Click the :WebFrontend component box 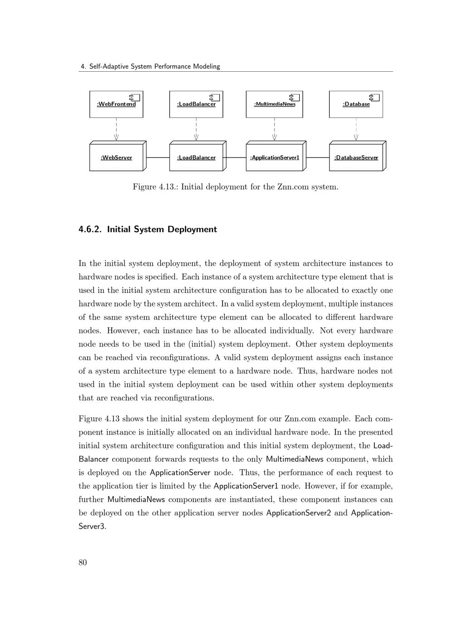pos(116,104)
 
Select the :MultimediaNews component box pos(274,104)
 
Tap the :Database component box pos(356,104)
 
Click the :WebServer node pos(116,158)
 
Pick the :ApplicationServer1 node pos(275,158)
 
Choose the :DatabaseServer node pos(356,158)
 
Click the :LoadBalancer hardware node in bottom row pos(196,158)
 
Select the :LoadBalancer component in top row pos(196,104)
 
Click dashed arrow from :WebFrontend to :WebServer pos(116,129)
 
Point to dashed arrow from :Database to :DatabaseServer pos(356,129)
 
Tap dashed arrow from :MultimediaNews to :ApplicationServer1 pos(274,129)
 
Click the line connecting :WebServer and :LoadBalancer pos(158,158)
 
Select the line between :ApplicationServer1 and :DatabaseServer pos(317,158)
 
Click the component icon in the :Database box pos(374,97)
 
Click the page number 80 pos(83,563)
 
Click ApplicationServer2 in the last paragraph pos(298,513)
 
